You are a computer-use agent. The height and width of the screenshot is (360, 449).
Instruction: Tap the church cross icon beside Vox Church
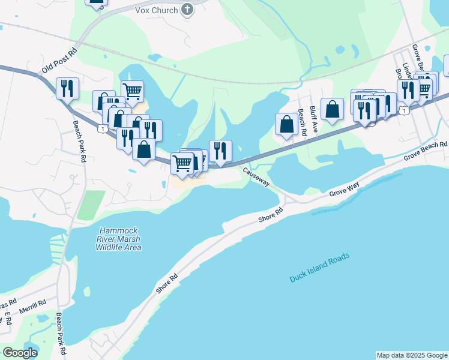click(188, 10)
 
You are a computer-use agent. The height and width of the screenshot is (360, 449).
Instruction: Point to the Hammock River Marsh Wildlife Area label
click(121, 239)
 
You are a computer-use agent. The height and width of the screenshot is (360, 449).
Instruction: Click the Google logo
click(20, 353)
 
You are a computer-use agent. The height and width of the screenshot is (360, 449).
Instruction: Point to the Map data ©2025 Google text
click(412, 355)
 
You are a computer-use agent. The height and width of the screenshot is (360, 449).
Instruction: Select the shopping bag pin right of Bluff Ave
click(332, 109)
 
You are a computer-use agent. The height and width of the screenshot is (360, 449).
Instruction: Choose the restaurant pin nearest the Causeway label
click(220, 150)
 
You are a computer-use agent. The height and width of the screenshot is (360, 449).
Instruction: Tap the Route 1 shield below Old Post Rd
click(104, 128)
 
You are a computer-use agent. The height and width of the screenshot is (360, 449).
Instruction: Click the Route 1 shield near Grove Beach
click(406, 110)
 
